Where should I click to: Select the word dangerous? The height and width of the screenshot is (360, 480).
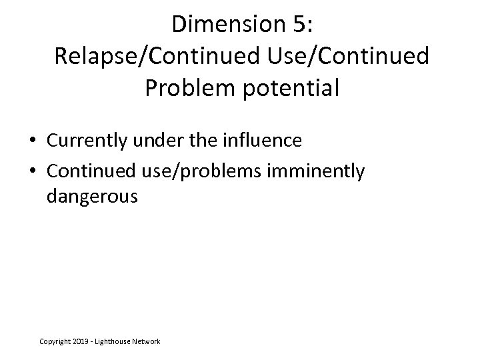click(92, 197)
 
